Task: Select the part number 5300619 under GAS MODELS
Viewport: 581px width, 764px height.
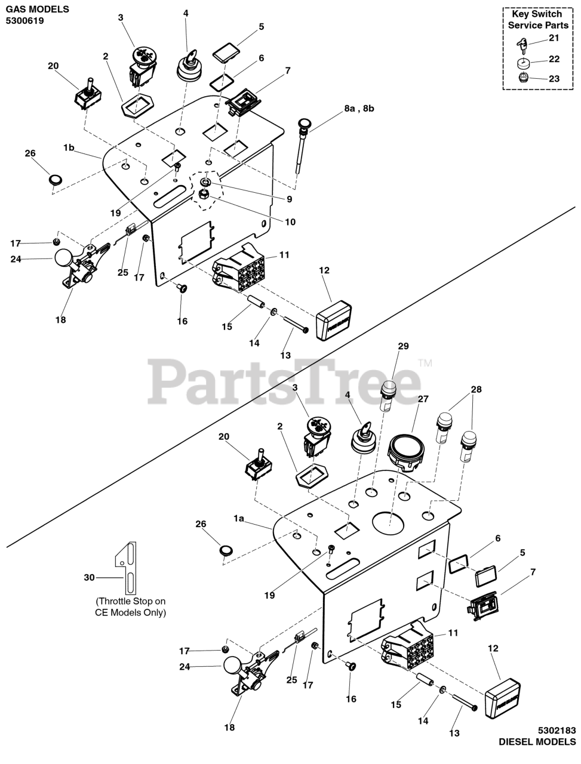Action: pos(24,20)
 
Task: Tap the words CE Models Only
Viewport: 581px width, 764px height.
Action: pos(131,612)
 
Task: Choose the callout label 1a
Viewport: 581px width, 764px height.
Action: pos(239,519)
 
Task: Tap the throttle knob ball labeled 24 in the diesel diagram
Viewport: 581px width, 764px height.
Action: pos(232,666)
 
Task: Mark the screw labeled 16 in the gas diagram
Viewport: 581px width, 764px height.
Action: pos(183,289)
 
